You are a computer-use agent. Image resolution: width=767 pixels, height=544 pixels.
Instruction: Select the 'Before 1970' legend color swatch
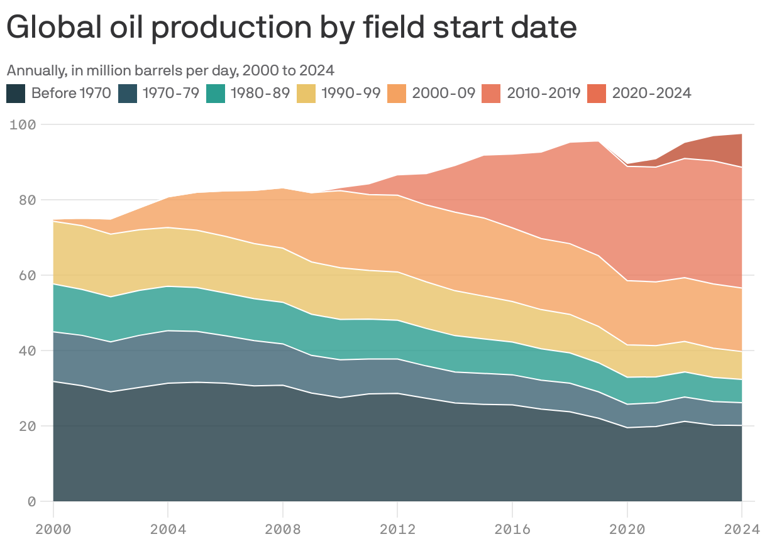[16, 94]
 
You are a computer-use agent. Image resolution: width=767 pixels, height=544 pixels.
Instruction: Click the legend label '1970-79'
[170, 94]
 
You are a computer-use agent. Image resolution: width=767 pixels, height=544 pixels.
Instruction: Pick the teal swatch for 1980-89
[216, 94]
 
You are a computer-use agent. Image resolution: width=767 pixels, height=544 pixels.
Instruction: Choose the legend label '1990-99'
[350, 94]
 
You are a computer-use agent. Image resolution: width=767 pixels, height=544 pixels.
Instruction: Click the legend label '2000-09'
[443, 94]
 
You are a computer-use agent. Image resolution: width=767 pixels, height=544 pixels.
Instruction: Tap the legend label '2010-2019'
[543, 94]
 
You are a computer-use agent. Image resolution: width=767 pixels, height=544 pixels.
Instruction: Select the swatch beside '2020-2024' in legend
[597, 94]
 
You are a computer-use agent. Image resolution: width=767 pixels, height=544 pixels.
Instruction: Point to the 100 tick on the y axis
[23, 124]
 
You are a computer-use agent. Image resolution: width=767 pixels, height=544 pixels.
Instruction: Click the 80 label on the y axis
[26, 200]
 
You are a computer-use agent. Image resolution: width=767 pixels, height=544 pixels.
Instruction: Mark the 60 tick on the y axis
[26, 275]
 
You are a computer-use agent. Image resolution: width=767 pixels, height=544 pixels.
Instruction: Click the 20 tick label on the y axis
[26, 426]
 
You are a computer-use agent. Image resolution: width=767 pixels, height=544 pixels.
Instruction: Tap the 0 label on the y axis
[31, 501]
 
